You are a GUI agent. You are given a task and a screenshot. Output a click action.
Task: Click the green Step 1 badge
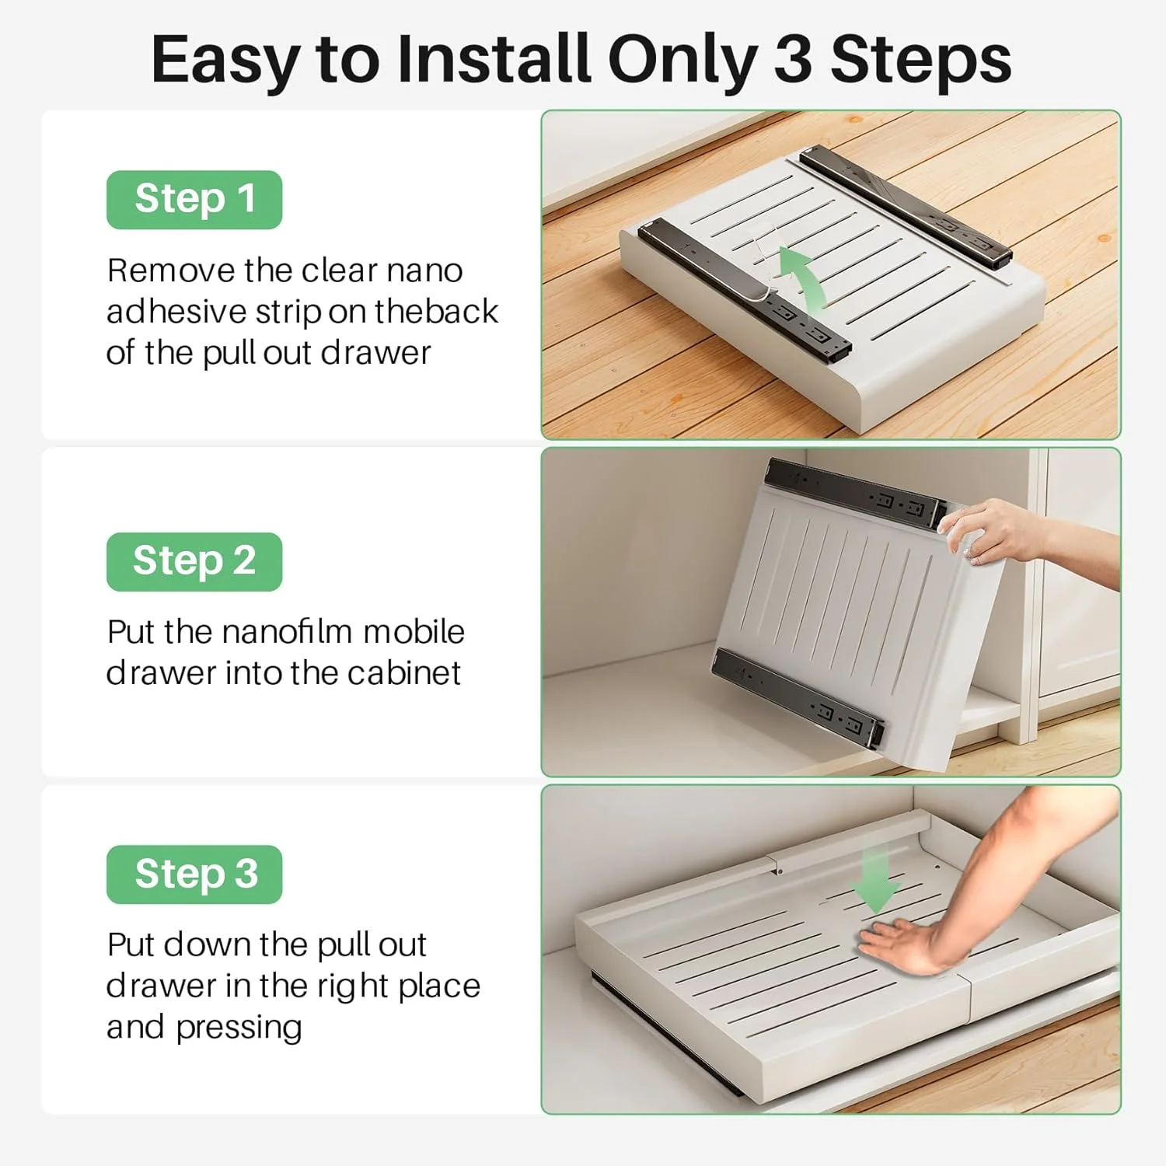(194, 200)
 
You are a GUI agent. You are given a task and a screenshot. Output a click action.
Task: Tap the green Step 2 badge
(194, 561)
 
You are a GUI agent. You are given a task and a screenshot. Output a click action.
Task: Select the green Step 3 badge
(194, 874)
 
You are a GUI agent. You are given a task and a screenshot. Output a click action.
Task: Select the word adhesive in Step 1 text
(176, 312)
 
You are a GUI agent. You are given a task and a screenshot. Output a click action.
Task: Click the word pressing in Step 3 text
(239, 1028)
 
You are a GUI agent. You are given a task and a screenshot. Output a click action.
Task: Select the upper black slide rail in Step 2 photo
(855, 494)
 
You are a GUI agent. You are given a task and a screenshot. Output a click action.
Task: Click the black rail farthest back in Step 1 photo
(906, 206)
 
